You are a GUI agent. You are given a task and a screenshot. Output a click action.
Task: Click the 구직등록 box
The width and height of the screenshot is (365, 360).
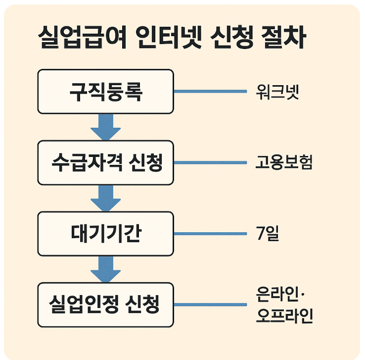105,92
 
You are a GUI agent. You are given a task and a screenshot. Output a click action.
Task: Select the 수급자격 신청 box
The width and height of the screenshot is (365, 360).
105,162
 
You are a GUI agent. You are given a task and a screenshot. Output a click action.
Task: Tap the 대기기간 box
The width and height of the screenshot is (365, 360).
105,233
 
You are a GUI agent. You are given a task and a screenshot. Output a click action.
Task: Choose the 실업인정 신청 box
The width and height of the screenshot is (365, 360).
105,304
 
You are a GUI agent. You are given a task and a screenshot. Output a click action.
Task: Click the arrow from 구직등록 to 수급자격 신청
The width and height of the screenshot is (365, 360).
105,127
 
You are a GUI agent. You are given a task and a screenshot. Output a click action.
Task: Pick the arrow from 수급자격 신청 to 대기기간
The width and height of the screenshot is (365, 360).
105,198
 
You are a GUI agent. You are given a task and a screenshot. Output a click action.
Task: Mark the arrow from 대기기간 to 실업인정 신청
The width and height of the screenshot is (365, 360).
105,268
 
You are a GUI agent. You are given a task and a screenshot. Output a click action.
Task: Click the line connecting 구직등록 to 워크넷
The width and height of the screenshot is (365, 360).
210,92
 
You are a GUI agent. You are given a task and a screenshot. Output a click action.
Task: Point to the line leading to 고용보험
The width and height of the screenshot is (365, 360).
210,162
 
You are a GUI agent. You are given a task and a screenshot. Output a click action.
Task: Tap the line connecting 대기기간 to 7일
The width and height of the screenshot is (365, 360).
210,233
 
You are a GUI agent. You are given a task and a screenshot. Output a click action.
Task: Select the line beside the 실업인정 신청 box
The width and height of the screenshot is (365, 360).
210,304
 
